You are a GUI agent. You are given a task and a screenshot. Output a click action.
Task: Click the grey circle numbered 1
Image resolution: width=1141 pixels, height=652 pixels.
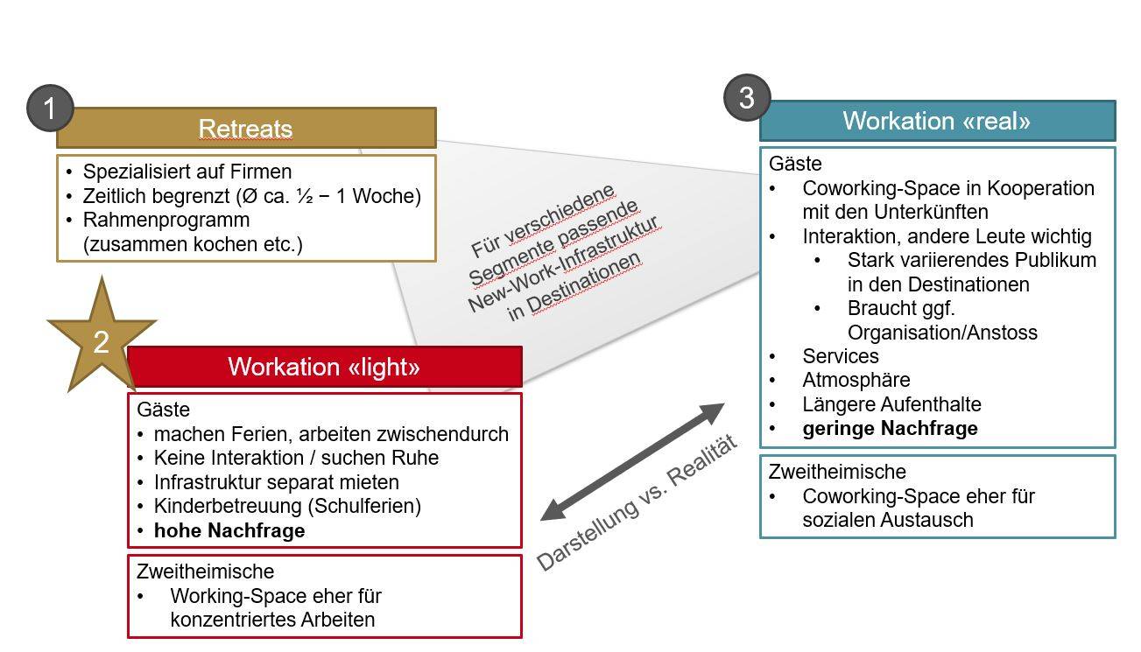(50, 109)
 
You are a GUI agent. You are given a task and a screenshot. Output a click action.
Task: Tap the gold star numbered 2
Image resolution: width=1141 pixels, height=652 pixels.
(102, 340)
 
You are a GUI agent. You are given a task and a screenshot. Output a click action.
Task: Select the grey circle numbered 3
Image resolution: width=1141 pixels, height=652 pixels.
(747, 97)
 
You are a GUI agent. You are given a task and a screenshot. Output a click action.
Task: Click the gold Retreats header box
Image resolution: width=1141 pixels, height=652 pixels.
(246, 128)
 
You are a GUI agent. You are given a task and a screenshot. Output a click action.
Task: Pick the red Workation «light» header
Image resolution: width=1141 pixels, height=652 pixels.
(324, 367)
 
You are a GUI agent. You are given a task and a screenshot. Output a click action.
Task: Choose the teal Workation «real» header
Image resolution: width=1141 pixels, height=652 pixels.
(937, 121)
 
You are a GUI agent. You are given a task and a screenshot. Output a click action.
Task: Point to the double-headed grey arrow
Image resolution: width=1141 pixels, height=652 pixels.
(632, 461)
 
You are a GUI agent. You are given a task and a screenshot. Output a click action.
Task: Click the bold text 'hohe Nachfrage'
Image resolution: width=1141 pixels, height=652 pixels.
(229, 530)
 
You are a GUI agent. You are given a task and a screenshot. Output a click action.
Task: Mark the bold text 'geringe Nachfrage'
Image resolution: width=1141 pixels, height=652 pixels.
(890, 428)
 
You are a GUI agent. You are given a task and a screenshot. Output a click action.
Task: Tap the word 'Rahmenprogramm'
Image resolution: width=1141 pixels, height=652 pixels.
(166, 220)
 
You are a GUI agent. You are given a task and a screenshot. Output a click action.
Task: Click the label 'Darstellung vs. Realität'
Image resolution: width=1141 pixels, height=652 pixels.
(637, 502)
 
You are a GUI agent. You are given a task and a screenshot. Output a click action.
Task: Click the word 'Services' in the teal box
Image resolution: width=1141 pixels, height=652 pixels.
(841, 356)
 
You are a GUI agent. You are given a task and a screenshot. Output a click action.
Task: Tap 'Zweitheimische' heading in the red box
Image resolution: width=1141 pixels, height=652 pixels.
(206, 571)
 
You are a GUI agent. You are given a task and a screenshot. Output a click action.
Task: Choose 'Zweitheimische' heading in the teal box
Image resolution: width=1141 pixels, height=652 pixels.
(837, 472)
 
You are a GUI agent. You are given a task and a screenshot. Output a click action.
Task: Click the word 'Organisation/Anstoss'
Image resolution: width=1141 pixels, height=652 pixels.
(942, 333)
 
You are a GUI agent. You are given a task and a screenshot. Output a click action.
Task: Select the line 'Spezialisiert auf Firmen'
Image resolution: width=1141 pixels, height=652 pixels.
(187, 172)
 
